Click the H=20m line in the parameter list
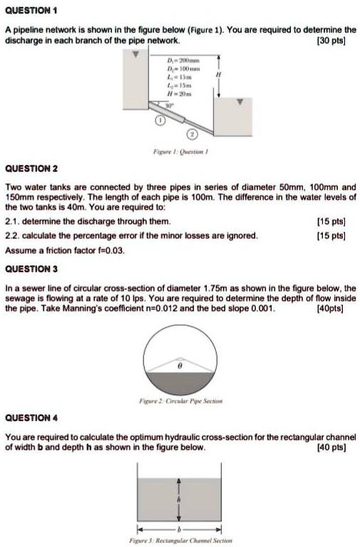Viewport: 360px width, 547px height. [x=175, y=94]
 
